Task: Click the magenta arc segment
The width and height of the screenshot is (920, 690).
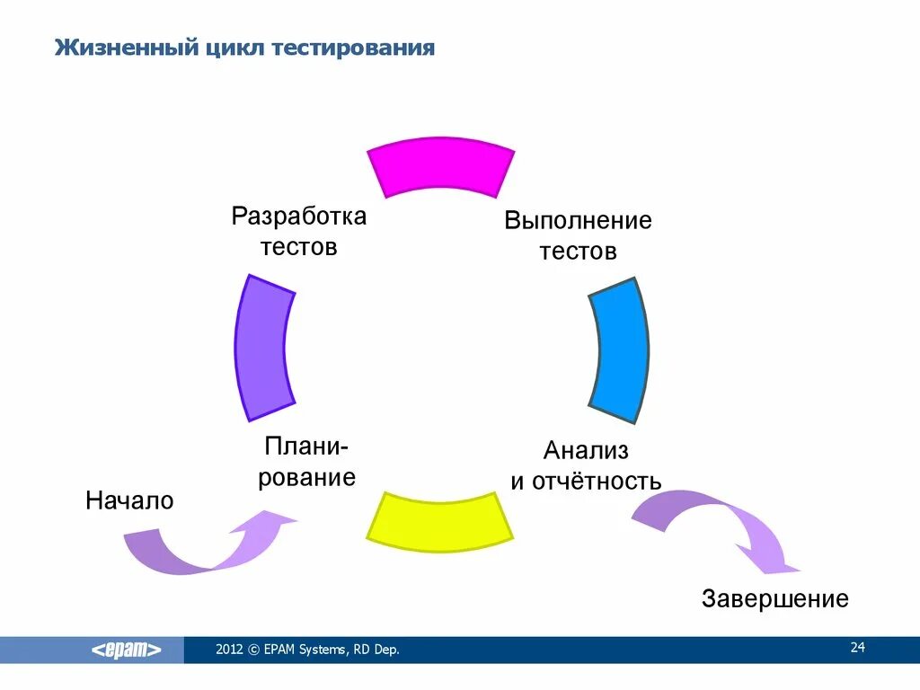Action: (441, 168)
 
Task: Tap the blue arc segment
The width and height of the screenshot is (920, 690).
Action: (620, 351)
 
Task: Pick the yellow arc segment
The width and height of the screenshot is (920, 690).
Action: (440, 520)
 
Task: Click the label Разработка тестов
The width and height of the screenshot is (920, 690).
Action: (299, 231)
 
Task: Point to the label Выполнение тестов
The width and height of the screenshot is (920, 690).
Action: (578, 235)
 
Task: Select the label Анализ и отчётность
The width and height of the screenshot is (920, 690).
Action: (586, 465)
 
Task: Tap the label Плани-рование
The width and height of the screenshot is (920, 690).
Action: (307, 462)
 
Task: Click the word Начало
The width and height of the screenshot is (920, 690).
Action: (129, 500)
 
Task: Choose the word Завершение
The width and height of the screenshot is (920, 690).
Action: (775, 598)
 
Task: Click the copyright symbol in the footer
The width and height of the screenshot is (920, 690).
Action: (254, 650)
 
